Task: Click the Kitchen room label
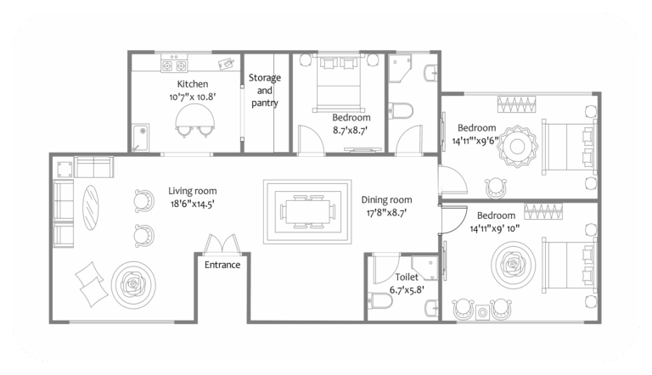(192, 85)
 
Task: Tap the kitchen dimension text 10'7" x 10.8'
(192, 97)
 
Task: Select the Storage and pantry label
(265, 90)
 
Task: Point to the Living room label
(193, 191)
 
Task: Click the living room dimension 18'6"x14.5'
(193, 204)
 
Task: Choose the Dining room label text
(386, 199)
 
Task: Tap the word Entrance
(222, 265)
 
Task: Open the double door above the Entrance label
(222, 243)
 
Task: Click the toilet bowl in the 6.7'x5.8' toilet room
(379, 299)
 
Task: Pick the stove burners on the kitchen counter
(175, 64)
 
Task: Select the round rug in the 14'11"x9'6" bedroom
(514, 143)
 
